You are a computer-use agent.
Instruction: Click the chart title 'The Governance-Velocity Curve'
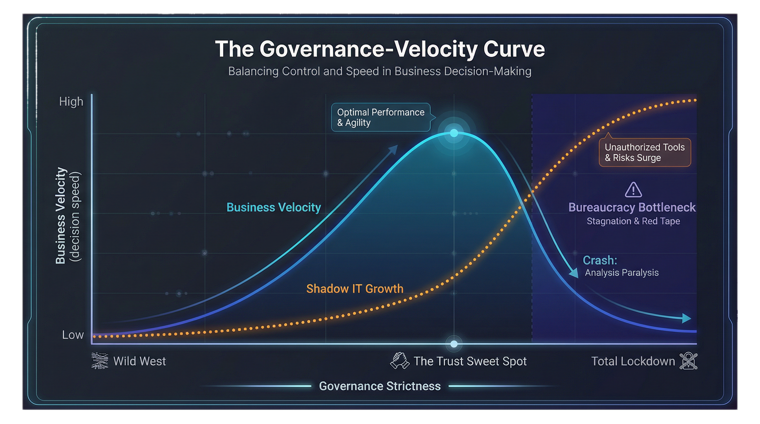[x=380, y=49]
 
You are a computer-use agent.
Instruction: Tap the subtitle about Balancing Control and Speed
[x=380, y=71]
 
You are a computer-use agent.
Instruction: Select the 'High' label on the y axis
[x=71, y=102]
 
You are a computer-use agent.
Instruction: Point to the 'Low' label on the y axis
[x=73, y=335]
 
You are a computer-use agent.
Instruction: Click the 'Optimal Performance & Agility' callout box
[x=381, y=117]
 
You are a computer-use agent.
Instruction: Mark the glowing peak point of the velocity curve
[x=454, y=133]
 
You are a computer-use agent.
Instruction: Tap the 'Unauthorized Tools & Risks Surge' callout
[x=645, y=152]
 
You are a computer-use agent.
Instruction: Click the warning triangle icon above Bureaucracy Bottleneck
[x=633, y=190]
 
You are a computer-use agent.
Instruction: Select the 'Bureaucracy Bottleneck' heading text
[x=632, y=207]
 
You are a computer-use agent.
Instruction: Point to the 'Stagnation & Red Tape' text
[x=633, y=221]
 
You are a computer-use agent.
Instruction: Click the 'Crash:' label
[x=600, y=260]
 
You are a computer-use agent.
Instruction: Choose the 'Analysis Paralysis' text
[x=622, y=273]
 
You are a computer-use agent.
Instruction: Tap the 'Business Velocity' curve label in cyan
[x=273, y=207]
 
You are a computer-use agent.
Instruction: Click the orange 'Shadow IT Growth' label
[x=355, y=289]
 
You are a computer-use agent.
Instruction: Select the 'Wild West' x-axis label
[x=139, y=361]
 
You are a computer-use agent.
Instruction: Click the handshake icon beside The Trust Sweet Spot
[x=400, y=361]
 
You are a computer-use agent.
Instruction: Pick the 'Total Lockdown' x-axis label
[x=633, y=361]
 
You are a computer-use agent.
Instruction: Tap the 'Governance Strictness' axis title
[x=380, y=386]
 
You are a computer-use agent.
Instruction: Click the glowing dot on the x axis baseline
[x=454, y=344]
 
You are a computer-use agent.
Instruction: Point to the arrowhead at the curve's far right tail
[x=687, y=319]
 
